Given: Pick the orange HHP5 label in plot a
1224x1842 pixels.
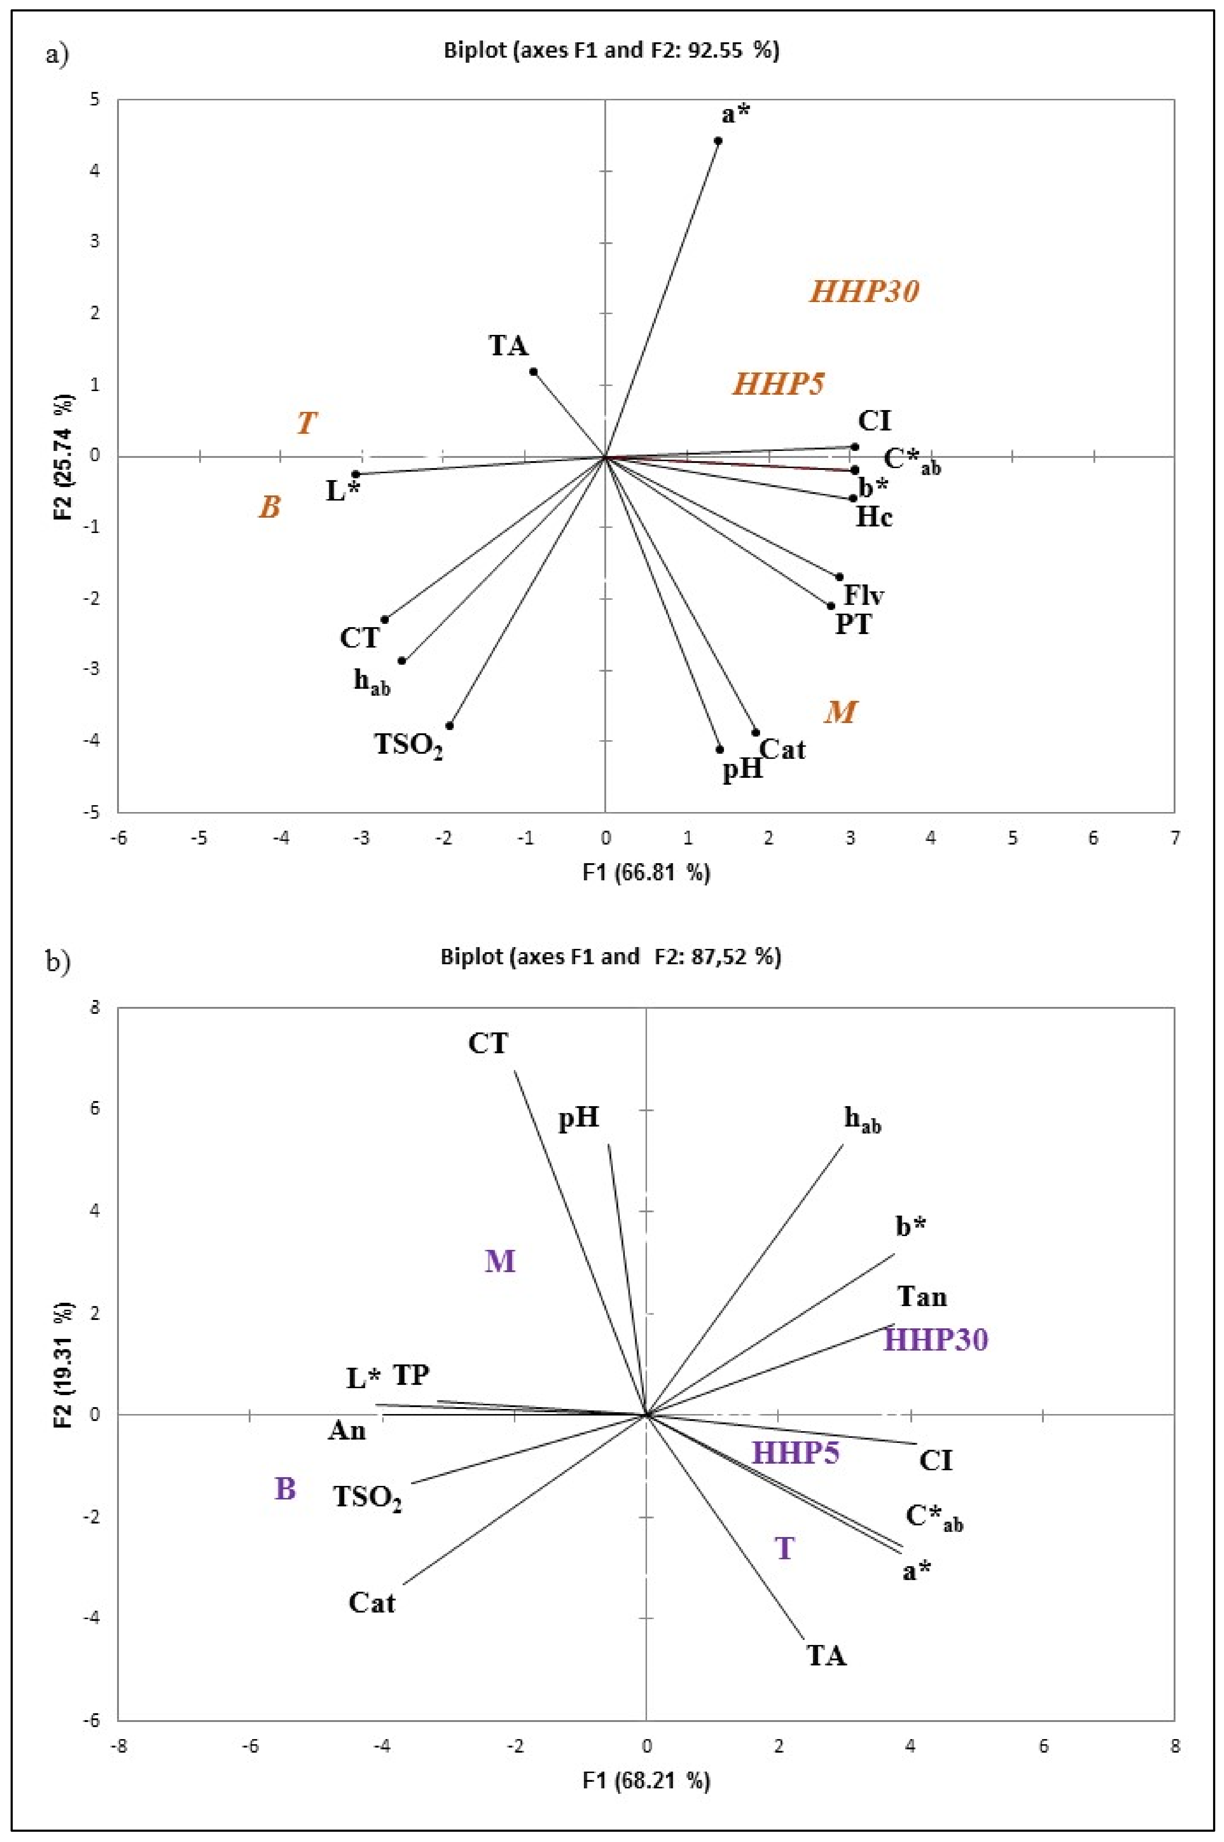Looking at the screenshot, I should coord(778,384).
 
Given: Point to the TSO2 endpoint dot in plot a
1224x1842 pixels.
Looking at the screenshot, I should coord(450,725).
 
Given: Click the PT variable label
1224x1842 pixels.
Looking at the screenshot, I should coord(853,625).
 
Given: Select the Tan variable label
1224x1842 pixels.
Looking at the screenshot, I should coord(922,1297).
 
